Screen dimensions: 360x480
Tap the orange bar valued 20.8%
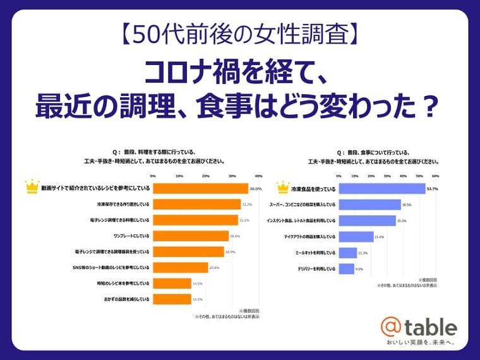click(x=181, y=267)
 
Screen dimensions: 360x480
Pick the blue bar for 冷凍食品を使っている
click(x=381, y=188)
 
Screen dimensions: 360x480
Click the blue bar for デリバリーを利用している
click(x=346, y=269)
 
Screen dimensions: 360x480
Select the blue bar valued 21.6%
click(x=356, y=237)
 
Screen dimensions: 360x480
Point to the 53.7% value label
click(x=432, y=188)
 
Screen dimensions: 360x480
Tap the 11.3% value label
click(x=363, y=253)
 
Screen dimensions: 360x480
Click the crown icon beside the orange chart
click(x=30, y=187)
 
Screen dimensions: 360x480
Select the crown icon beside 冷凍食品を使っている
click(x=282, y=187)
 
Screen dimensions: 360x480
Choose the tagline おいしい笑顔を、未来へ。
click(x=421, y=342)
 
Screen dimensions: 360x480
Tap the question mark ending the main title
click(x=429, y=107)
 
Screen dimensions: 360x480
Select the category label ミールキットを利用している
click(x=315, y=253)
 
